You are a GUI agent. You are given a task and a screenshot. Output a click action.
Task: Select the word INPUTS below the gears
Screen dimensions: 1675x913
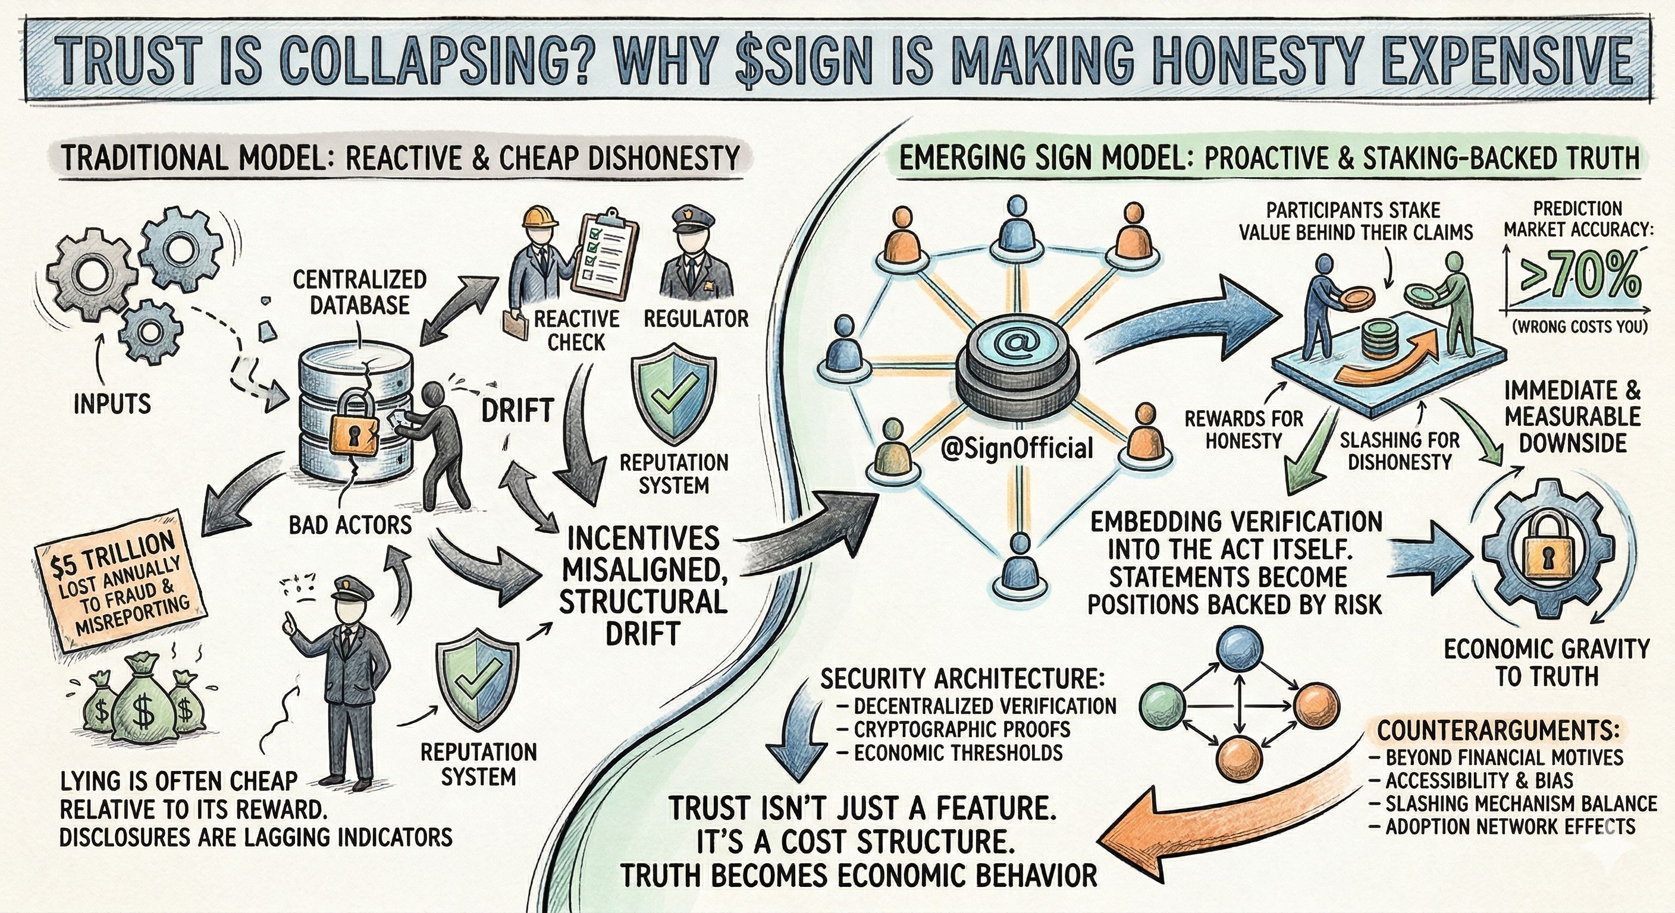112,404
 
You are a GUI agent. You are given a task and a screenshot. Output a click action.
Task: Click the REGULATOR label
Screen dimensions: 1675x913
697,319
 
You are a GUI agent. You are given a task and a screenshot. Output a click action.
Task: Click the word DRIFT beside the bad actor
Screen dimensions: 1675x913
517,411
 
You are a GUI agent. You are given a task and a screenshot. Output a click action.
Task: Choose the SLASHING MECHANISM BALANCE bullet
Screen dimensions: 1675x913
1520,804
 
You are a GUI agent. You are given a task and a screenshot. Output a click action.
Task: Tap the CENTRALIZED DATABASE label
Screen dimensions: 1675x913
360,292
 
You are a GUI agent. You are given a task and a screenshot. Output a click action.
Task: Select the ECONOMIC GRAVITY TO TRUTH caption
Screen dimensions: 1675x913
1547,663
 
